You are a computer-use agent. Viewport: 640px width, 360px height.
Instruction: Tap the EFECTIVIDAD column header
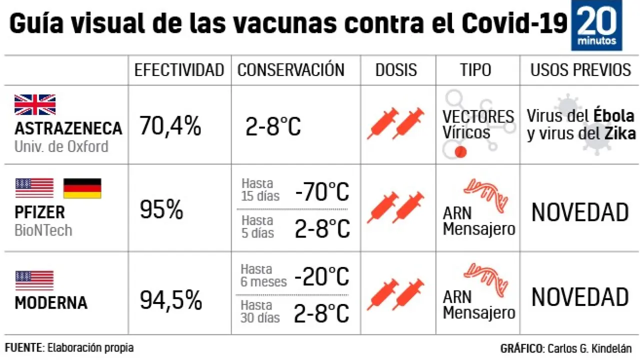pyautogui.click(x=179, y=70)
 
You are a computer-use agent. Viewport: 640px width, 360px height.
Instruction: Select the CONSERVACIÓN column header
pyautogui.click(x=290, y=70)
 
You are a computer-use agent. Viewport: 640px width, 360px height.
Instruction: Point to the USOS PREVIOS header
pyautogui.click(x=580, y=70)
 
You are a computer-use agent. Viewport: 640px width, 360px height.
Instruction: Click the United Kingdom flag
pyautogui.click(x=35, y=104)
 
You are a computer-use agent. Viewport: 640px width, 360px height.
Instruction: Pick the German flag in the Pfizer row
pyautogui.click(x=82, y=188)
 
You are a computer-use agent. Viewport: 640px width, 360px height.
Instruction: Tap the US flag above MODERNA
pyautogui.click(x=34, y=280)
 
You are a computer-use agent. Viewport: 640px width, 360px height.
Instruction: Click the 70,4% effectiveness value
pyautogui.click(x=170, y=126)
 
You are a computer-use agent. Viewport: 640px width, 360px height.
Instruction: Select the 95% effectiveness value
pyautogui.click(x=161, y=210)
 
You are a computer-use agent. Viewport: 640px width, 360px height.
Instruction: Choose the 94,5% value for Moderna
pyautogui.click(x=170, y=300)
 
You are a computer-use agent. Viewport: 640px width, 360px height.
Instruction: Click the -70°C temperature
pyautogui.click(x=322, y=191)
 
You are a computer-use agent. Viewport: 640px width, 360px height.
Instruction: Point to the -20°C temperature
pyautogui.click(x=321, y=276)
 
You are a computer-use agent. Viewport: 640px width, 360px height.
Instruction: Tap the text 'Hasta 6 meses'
pyautogui.click(x=263, y=275)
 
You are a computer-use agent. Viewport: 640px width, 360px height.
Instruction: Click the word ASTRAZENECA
pyautogui.click(x=68, y=128)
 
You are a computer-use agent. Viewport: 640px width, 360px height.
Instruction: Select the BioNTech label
pyautogui.click(x=43, y=230)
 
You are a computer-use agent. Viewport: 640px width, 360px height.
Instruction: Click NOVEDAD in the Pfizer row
pyautogui.click(x=579, y=212)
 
